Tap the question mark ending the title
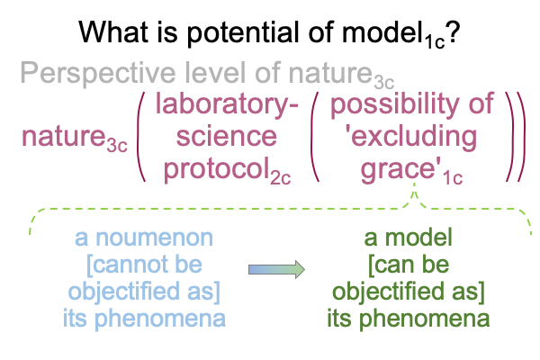453,32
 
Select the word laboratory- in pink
227,104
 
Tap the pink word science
227,137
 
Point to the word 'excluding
411,138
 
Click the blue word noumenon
154,238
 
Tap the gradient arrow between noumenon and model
276,269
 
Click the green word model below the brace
418,238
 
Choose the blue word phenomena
160,319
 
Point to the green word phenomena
424,319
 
